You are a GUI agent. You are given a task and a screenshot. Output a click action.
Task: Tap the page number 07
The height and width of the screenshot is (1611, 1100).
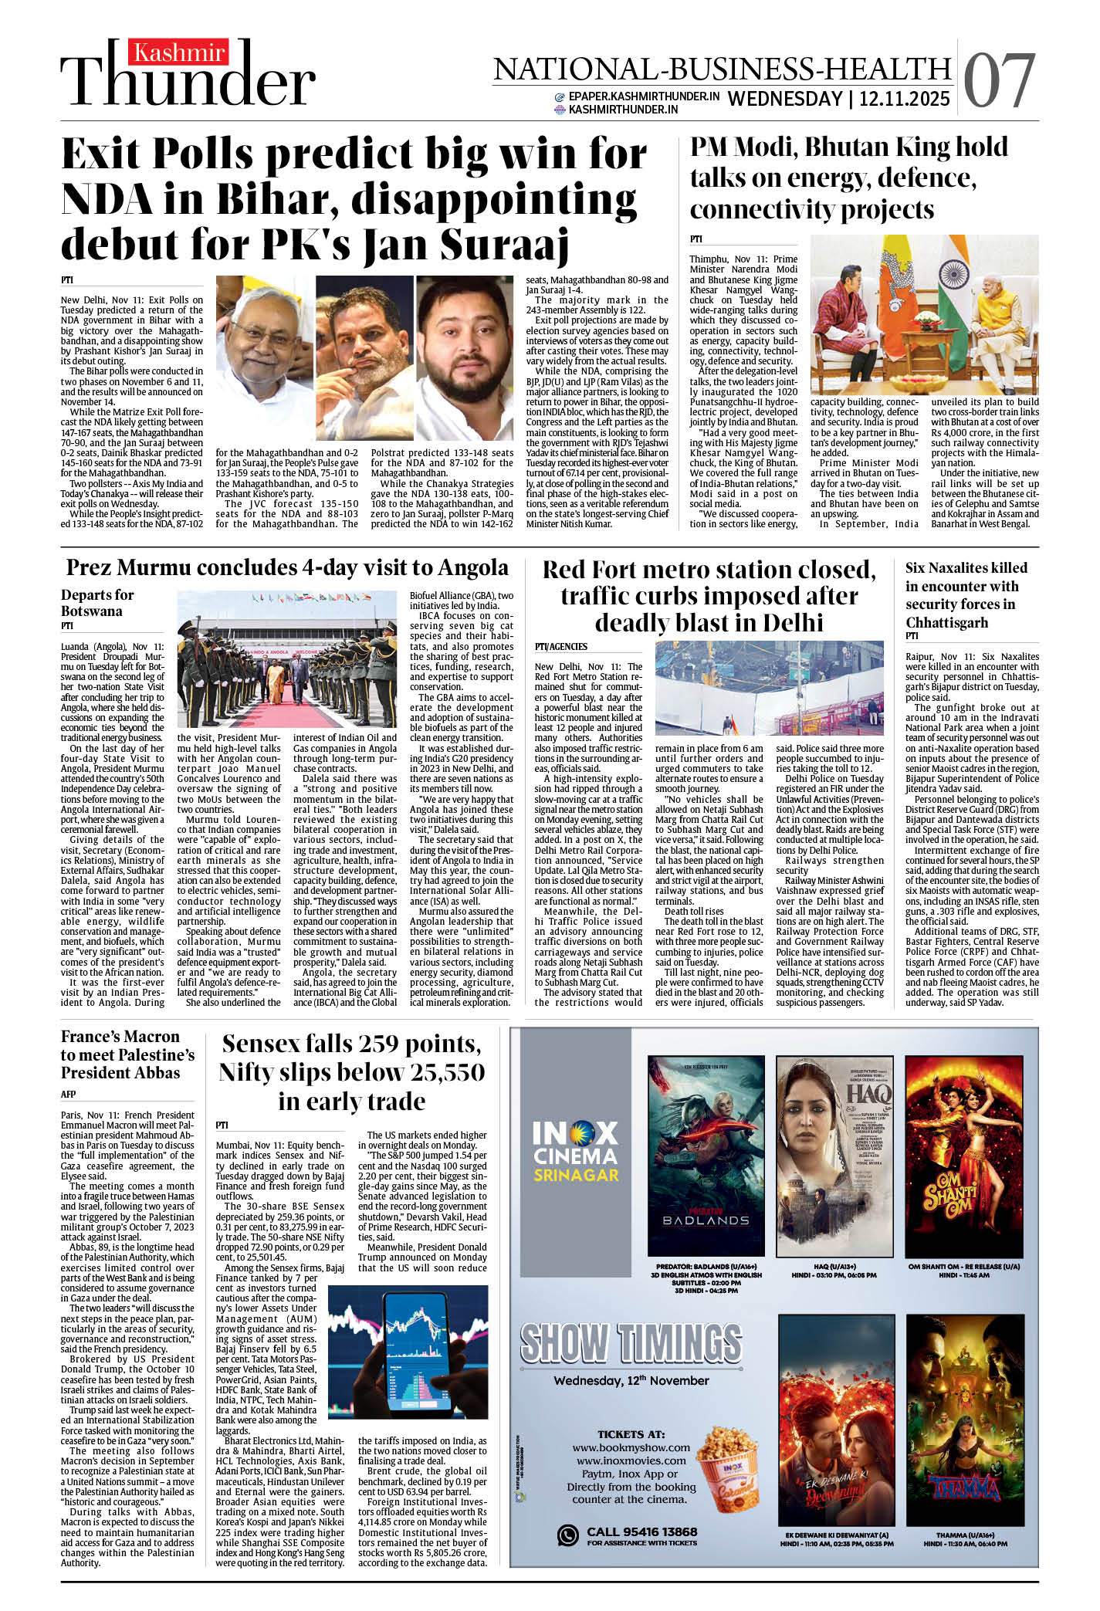click(999, 81)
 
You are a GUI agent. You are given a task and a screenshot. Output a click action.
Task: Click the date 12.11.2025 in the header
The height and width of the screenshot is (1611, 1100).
click(904, 99)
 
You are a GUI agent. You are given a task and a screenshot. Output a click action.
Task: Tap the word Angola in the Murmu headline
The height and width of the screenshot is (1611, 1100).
click(472, 567)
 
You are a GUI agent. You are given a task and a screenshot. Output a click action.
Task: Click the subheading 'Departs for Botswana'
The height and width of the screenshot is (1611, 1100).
click(96, 603)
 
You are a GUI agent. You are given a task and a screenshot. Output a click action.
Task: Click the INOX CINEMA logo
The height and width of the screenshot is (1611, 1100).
click(576, 1153)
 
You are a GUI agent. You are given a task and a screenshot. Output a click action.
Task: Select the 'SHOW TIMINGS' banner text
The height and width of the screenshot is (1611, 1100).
click(631, 1343)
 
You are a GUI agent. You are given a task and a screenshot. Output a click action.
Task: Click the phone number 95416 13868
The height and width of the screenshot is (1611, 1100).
click(641, 1531)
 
